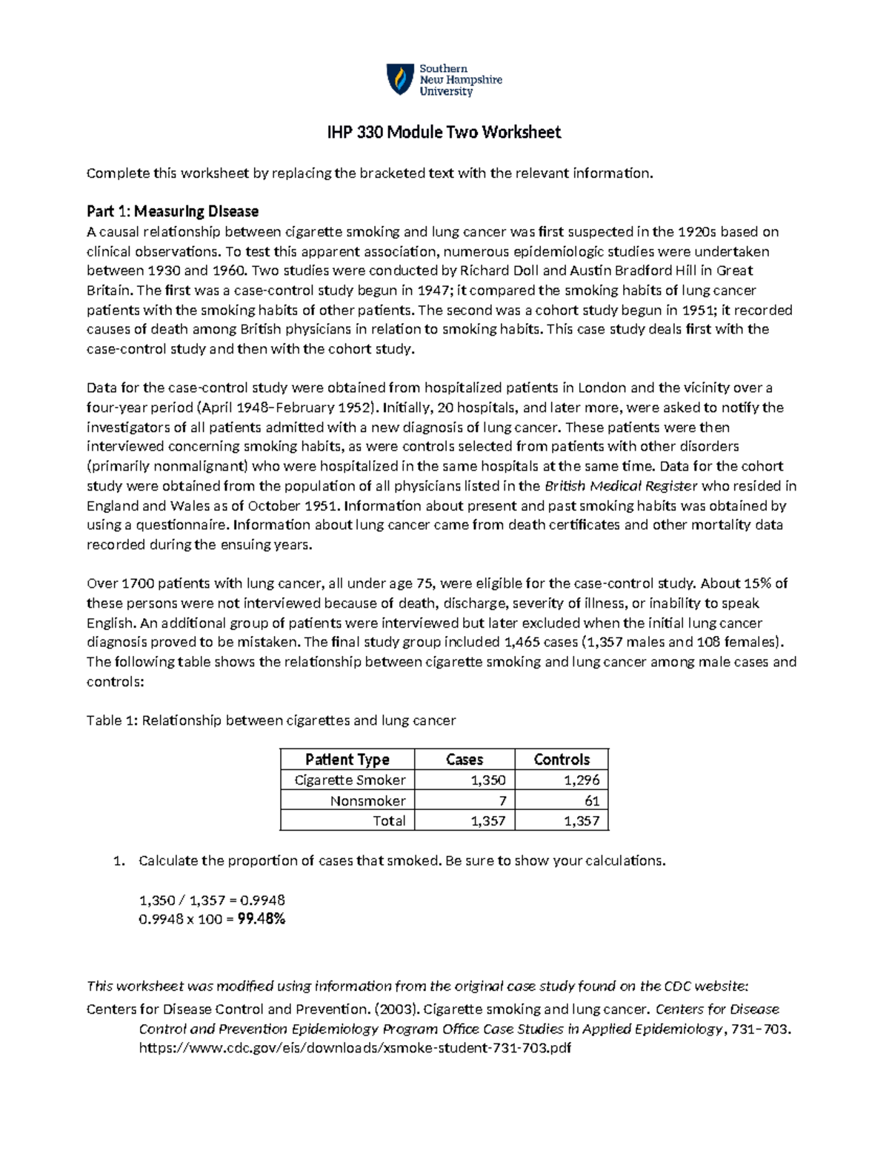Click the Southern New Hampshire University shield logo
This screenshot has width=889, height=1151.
click(x=400, y=79)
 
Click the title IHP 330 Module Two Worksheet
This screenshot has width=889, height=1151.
click(x=444, y=133)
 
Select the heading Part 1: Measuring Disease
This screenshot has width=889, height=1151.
click(x=172, y=211)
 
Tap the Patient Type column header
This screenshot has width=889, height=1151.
click(x=347, y=759)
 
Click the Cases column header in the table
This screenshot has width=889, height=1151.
click(x=464, y=759)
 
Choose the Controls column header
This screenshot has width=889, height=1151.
click(x=562, y=759)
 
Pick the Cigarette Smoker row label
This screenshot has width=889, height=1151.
click(x=350, y=780)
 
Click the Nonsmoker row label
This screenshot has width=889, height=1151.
click(x=367, y=800)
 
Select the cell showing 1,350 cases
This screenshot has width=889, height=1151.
click(x=487, y=780)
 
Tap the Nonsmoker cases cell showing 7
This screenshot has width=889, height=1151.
click(x=502, y=800)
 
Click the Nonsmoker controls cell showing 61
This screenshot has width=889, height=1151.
click(x=591, y=800)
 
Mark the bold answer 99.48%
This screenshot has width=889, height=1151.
click(x=262, y=919)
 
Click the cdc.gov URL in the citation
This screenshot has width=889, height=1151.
click(x=355, y=1048)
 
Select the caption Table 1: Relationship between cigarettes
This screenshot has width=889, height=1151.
click(x=271, y=720)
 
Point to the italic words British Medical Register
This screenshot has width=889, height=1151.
click(x=621, y=486)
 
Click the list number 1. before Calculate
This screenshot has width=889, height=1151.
click(x=119, y=860)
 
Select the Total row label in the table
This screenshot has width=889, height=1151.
click(x=389, y=820)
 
